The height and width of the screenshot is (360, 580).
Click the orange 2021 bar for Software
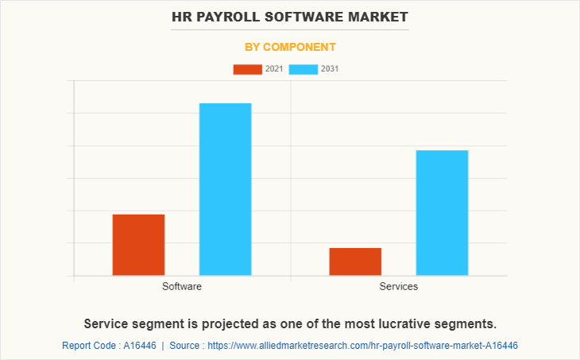[138, 245]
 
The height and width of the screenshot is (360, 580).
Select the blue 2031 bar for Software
[225, 189]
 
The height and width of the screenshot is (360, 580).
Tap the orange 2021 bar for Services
[355, 261]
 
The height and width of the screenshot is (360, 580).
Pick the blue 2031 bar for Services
[442, 212]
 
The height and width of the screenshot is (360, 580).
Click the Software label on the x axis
[182, 286]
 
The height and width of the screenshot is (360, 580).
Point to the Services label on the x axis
[399, 286]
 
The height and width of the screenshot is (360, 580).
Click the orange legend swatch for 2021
[247, 69]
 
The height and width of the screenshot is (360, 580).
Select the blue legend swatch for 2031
[304, 69]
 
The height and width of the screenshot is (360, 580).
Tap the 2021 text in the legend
[274, 69]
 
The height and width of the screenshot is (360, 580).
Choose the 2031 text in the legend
[331, 69]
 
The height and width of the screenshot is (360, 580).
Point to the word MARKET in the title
[378, 16]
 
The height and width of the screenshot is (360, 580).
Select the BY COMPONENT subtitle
[289, 47]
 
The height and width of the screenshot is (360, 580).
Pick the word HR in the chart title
[182, 16]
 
